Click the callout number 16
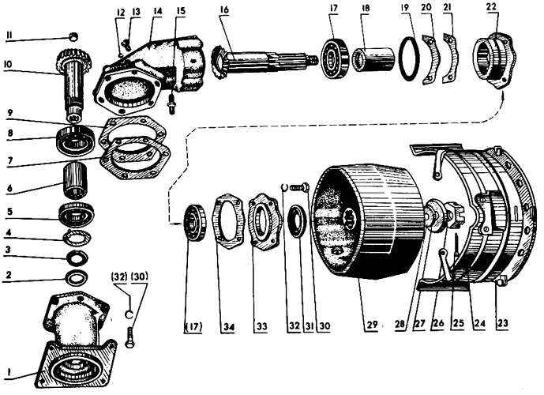coord(224,9)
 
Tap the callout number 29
coord(372,325)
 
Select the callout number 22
coord(491,6)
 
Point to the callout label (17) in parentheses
coord(193,326)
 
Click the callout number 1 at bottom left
coord(9,372)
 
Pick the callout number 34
coord(229,326)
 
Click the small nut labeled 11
coord(73,36)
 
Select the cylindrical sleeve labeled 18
coord(373,59)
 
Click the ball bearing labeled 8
coord(76,141)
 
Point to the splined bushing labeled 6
coord(75,180)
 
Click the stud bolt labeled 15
coord(171,103)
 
